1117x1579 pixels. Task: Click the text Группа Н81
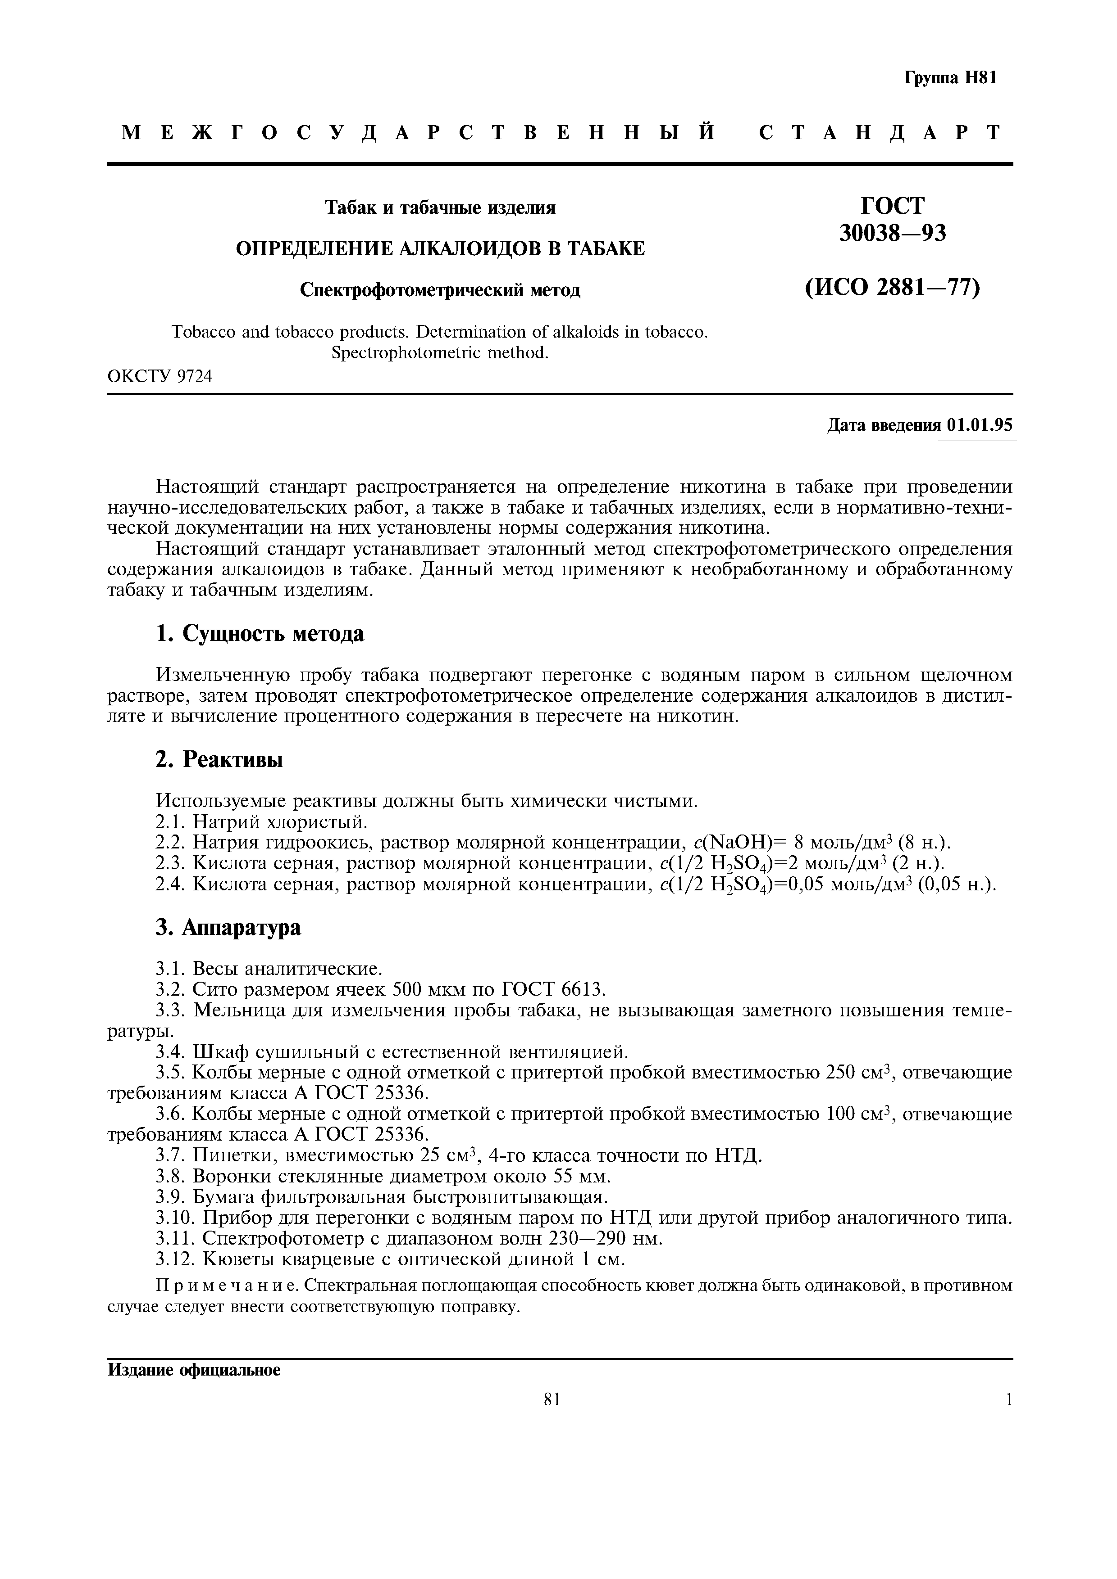[x=950, y=78]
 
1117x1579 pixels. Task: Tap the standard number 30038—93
[x=893, y=234]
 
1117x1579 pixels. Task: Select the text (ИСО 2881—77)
[x=892, y=288]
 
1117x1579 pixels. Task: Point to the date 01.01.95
[x=980, y=425]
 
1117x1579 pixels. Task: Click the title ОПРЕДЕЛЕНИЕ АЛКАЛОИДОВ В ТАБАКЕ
[x=441, y=249]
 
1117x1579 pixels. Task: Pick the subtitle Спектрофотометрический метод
[x=441, y=290]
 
